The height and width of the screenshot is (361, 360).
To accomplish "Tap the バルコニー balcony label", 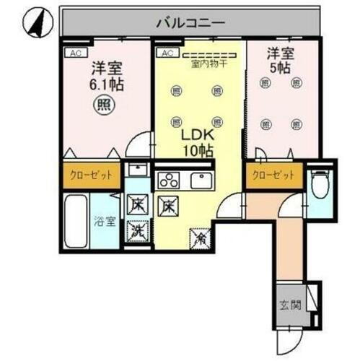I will click(190, 23).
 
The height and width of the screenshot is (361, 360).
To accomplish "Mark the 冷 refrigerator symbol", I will click(198, 235).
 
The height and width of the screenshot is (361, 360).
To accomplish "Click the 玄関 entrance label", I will click(287, 303).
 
